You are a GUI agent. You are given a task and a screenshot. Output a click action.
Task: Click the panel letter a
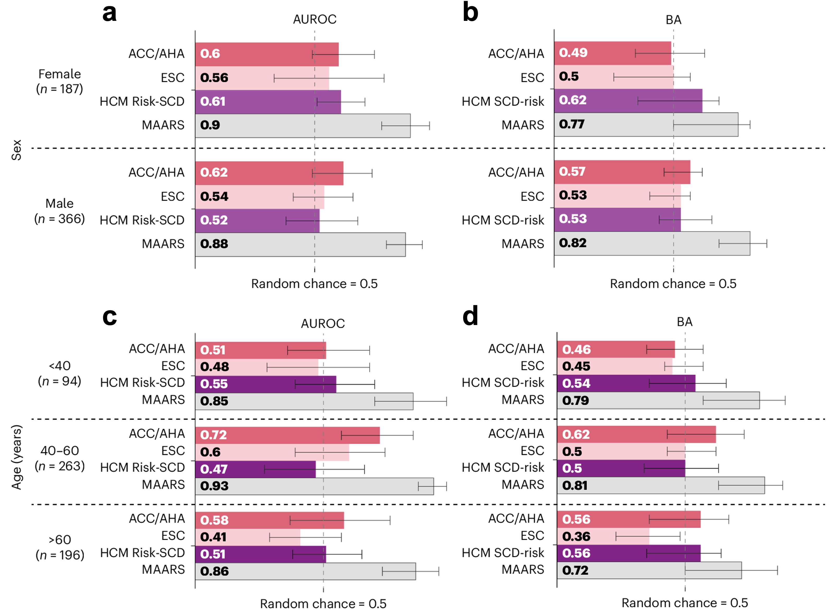[x=110, y=13]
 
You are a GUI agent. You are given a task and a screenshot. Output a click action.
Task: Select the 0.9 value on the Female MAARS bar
[x=210, y=125]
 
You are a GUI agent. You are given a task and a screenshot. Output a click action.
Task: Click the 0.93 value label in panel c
[x=214, y=486]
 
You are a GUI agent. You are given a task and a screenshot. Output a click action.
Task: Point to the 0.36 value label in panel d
[x=576, y=536]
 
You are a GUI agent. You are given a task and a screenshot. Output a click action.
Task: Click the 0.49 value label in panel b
[x=573, y=53]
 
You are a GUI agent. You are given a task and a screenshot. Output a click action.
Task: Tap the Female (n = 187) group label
[x=60, y=81]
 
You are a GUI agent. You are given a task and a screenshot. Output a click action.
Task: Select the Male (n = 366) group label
[x=59, y=211]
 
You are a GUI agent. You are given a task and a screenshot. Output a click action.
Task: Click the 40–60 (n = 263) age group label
[x=60, y=458]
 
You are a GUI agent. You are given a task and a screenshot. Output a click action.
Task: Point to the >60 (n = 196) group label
[x=60, y=547]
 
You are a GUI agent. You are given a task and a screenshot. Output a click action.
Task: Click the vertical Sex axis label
[x=16, y=150]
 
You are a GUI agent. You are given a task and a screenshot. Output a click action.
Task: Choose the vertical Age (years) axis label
[x=16, y=457]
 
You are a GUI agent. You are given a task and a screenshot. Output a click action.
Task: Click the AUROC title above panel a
[x=314, y=19]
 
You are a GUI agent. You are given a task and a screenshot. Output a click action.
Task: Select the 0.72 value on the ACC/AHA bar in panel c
[x=213, y=435]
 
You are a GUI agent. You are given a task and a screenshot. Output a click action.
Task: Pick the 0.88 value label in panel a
[x=214, y=244]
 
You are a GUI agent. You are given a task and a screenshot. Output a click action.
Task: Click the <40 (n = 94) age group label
[x=60, y=373]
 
